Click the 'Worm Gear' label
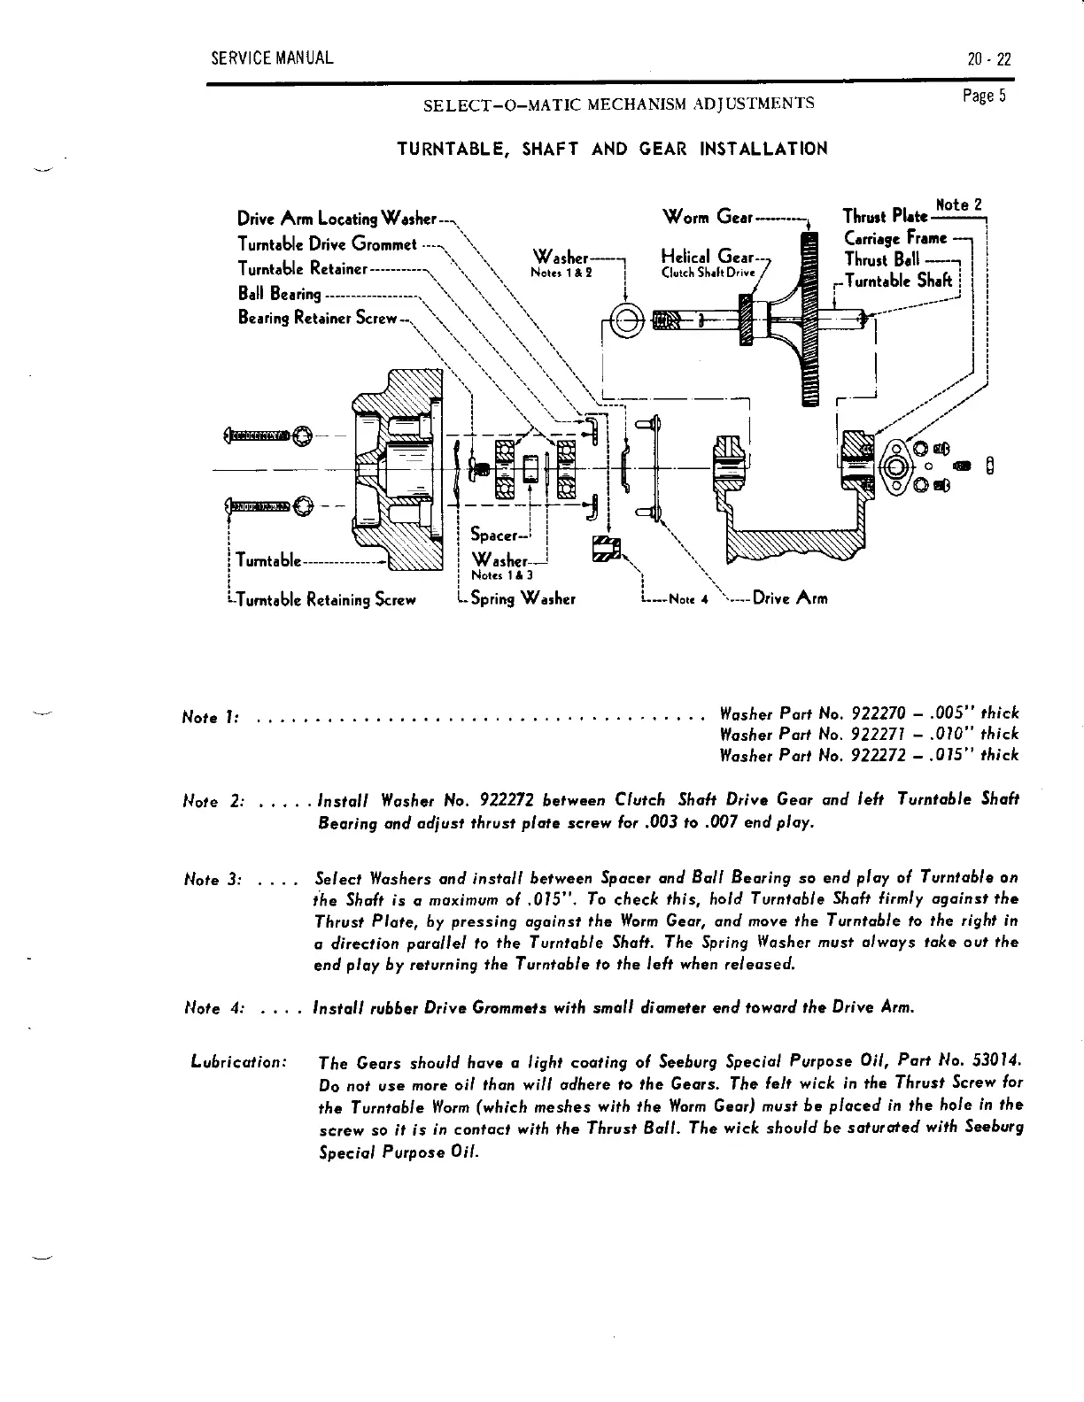tap(707, 217)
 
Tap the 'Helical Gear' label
tap(703, 256)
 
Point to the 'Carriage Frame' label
tap(895, 238)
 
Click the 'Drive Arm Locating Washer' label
tap(337, 219)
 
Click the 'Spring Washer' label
tap(523, 598)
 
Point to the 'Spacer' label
tap(493, 535)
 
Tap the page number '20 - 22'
tap(989, 60)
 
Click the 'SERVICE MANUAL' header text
tap(272, 59)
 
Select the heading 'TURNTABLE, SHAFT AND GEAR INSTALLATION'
tap(612, 149)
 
